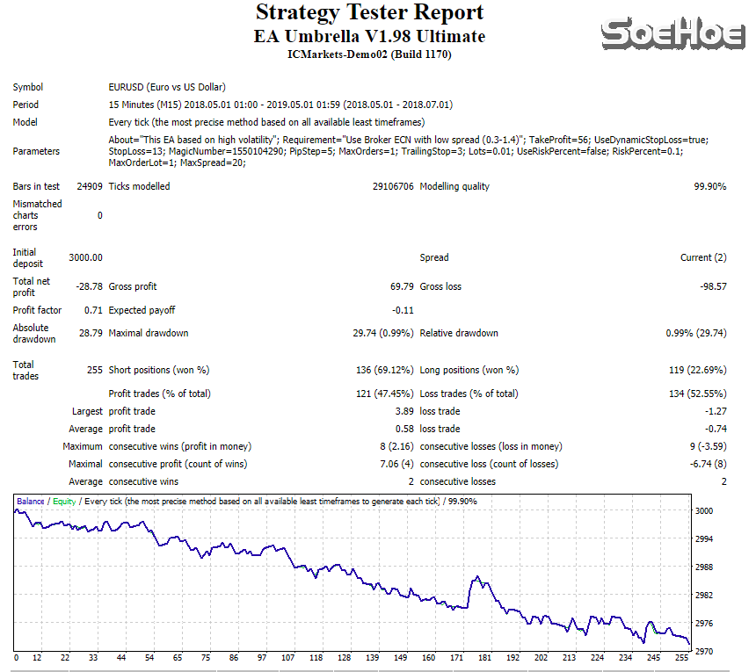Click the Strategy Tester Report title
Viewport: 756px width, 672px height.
pyautogui.click(x=369, y=13)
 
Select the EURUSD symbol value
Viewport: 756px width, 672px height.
pyautogui.click(x=166, y=87)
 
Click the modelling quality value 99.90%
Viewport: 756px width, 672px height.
pyautogui.click(x=709, y=186)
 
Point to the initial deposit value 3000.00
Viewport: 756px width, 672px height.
pyautogui.click(x=86, y=257)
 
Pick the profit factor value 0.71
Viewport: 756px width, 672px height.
pyautogui.click(x=93, y=310)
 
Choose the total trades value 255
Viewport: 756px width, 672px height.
pyautogui.click(x=93, y=370)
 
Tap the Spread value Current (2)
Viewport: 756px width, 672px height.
pyautogui.click(x=703, y=257)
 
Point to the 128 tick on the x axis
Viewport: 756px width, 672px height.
pyautogui.click(x=344, y=657)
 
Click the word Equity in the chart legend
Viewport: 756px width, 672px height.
pyautogui.click(x=64, y=501)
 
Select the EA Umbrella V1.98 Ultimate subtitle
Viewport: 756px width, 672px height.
pyautogui.click(x=369, y=37)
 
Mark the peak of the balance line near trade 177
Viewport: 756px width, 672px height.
pyautogui.click(x=476, y=576)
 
